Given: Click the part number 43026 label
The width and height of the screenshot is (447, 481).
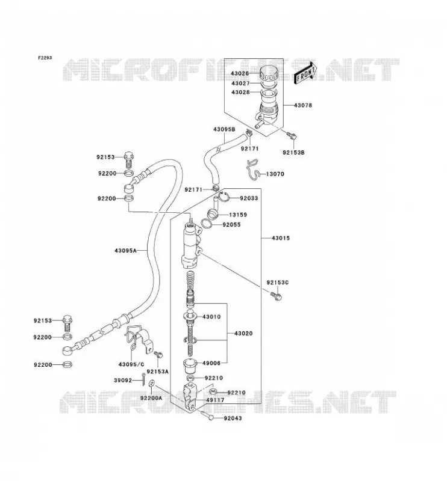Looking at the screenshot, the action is [x=240, y=73].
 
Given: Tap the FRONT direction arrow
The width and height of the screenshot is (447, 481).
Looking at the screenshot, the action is [x=305, y=73].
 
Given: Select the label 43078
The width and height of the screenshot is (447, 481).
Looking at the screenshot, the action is [x=303, y=105].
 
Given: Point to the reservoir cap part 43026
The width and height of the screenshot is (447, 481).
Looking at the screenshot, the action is [x=269, y=73].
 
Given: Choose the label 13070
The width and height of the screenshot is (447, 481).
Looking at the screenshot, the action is [x=275, y=174].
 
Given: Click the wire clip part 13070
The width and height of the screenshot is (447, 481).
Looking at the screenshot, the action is [x=254, y=170].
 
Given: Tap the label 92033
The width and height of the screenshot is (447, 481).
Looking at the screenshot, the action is [x=249, y=198].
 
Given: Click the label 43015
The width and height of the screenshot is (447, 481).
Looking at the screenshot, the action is [x=281, y=238].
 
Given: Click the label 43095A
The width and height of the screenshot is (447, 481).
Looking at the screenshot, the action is [x=125, y=251].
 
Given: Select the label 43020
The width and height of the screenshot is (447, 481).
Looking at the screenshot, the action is [x=243, y=334].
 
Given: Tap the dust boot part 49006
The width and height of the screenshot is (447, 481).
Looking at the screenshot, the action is [x=190, y=364].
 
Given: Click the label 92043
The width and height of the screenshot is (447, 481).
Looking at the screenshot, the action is [x=233, y=418].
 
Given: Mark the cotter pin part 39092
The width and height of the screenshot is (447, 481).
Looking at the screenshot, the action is [x=143, y=380].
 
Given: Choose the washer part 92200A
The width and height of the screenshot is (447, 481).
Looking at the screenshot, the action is [x=152, y=384].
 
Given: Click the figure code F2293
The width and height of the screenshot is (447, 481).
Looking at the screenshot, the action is [x=45, y=58].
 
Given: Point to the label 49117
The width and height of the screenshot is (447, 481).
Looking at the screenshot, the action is [x=215, y=400].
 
